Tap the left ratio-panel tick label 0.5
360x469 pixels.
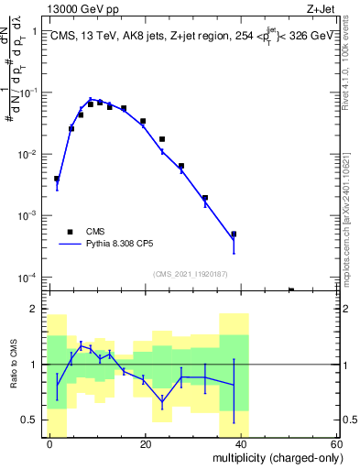pos(30,420)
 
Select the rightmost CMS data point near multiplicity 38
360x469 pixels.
pos(234,234)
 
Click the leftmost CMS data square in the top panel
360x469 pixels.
pos(57,179)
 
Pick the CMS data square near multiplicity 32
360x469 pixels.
pos(205,197)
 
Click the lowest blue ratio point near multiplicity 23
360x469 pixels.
pos(162,400)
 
